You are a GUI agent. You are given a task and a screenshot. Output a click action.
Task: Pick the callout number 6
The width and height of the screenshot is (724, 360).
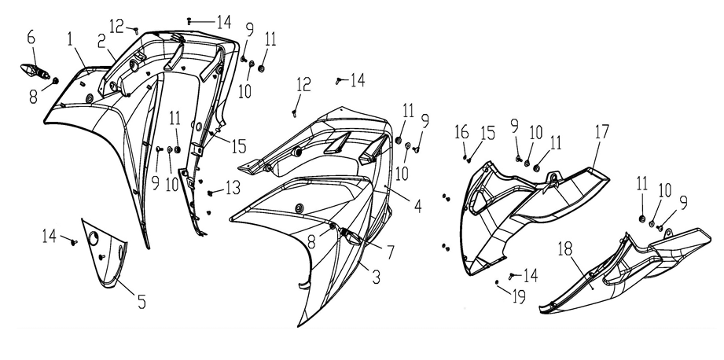point(31,36)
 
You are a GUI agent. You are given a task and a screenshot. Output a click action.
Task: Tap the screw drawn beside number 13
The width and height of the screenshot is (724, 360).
point(212,191)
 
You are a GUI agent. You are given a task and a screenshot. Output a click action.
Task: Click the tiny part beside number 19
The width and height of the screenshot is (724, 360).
point(498,280)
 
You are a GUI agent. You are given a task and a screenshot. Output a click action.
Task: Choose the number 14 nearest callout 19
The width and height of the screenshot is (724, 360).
point(531,275)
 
